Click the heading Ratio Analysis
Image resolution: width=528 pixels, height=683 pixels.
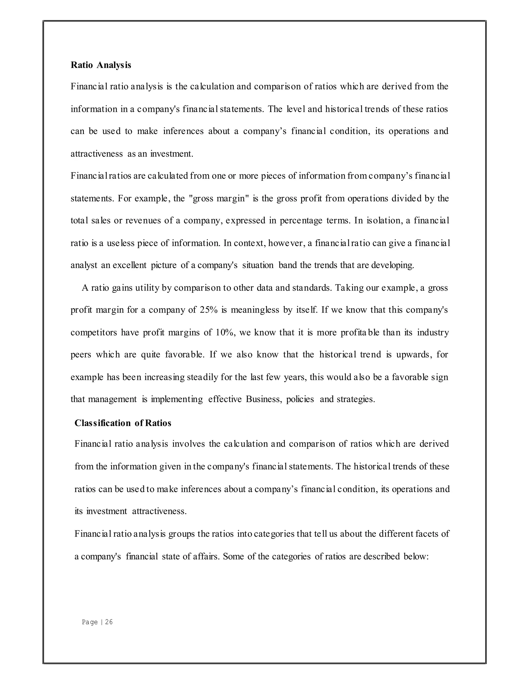point(101,65)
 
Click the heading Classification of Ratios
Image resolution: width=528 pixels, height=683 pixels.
point(123,423)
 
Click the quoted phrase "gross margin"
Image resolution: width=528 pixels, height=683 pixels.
point(218,198)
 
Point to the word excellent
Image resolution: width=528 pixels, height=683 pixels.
point(129,265)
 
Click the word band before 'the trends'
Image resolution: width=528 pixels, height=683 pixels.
point(287,265)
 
